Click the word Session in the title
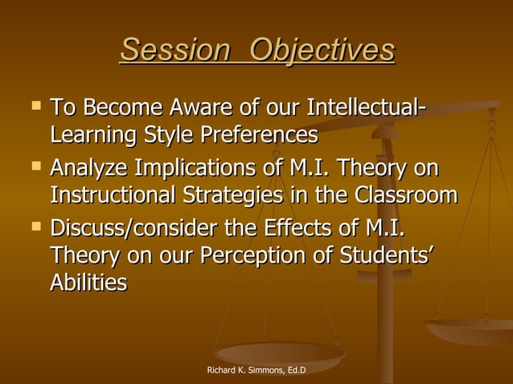[x=173, y=51]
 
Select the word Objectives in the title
[x=322, y=51]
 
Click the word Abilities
[x=88, y=284]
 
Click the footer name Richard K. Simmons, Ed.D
[x=256, y=370]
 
